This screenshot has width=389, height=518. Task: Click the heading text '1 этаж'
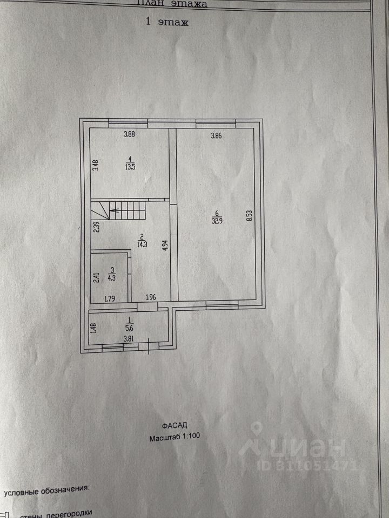[x=166, y=23]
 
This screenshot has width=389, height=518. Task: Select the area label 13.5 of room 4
[x=130, y=166]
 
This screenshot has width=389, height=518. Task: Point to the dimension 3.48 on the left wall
[x=96, y=164]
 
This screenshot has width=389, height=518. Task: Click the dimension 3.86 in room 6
[x=216, y=136]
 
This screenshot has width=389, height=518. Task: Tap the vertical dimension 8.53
[x=249, y=216]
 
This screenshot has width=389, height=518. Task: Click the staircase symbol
[x=126, y=210]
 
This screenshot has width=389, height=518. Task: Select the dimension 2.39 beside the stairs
[x=96, y=227]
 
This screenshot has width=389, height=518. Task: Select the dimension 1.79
[x=110, y=297]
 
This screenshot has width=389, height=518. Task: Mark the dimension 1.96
[x=150, y=297]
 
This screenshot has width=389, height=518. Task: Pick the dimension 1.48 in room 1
[x=94, y=328]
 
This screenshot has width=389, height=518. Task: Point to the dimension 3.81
[x=129, y=339]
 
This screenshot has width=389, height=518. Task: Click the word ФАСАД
[x=175, y=426]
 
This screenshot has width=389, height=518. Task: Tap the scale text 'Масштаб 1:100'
[x=175, y=437]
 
